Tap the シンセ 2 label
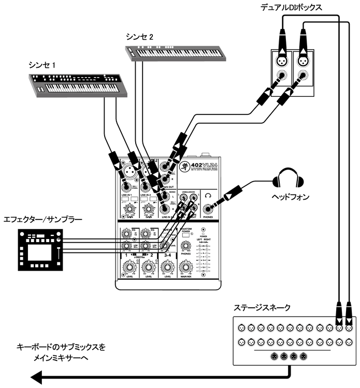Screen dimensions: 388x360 tap(139, 37)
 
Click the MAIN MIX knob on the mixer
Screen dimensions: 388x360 tap(186, 268)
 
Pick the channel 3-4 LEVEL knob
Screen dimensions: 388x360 tap(167, 268)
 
